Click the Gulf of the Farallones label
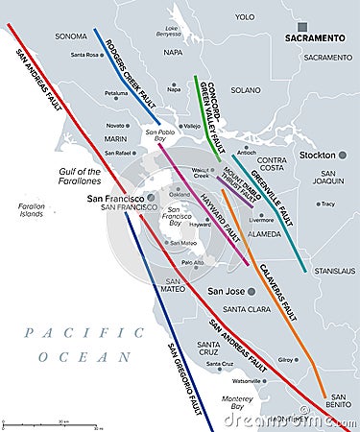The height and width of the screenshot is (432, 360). click(x=81, y=177)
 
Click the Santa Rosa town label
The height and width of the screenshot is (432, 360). click(x=85, y=55)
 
